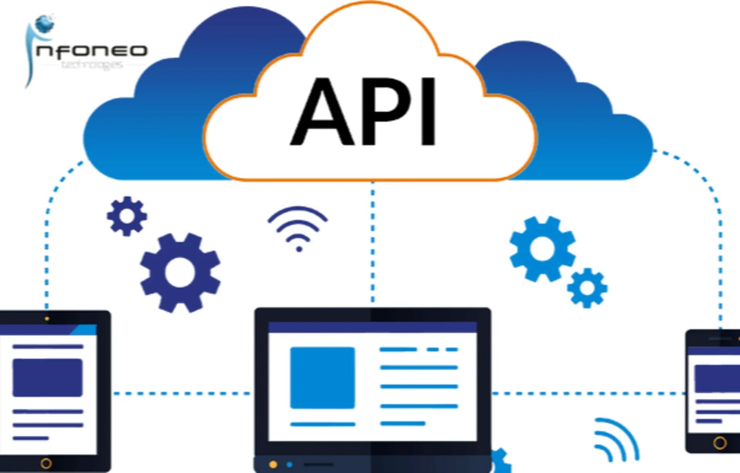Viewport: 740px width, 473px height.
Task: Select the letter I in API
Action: [x=428, y=112]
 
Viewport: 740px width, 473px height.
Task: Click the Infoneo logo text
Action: [x=92, y=51]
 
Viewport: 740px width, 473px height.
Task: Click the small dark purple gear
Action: [x=127, y=216]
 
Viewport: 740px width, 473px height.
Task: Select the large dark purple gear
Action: [x=180, y=272]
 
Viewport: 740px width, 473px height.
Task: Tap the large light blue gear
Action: [x=542, y=249]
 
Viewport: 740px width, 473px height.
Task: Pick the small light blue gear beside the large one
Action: [x=587, y=288]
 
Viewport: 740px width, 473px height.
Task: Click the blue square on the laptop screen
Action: [x=323, y=378]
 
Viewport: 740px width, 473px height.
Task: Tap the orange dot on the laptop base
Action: [x=273, y=465]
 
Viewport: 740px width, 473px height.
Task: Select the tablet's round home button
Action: [x=46, y=463]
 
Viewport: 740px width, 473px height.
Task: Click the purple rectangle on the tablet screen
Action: [x=47, y=378]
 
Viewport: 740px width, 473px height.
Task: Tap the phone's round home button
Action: [x=720, y=443]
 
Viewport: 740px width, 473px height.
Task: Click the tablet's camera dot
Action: [x=47, y=319]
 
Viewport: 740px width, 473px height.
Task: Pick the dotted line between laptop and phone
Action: [x=588, y=394]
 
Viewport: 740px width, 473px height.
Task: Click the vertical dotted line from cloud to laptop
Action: [x=372, y=243]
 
